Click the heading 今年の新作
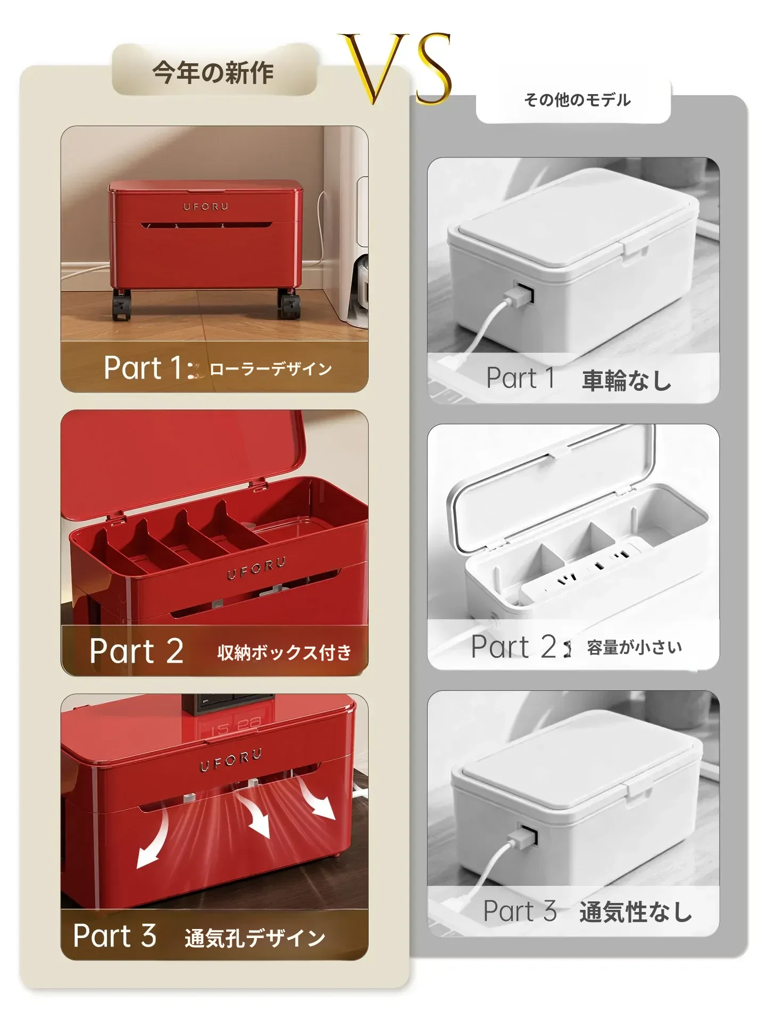tap(213, 72)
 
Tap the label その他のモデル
tap(577, 100)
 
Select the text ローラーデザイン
tap(271, 369)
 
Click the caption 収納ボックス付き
tap(285, 652)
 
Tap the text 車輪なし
tap(627, 380)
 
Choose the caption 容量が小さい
tap(634, 647)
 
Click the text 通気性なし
tap(636, 912)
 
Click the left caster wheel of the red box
tap(122, 305)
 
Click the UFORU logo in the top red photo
tap(206, 206)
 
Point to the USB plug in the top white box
tap(519, 296)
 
